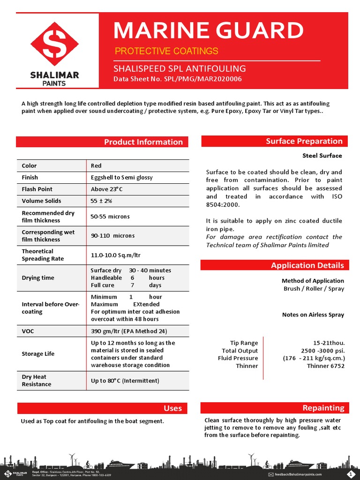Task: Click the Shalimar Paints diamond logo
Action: click(x=55, y=45)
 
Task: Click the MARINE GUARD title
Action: click(x=209, y=31)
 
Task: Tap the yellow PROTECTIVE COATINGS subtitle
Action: click(x=166, y=51)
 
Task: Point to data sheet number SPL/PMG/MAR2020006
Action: click(x=178, y=79)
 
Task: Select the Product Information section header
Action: click(x=143, y=142)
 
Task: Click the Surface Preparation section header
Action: click(x=304, y=141)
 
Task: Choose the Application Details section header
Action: click(x=307, y=265)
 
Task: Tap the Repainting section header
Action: click(x=323, y=408)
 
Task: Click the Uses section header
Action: click(x=172, y=408)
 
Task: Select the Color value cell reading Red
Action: click(x=96, y=166)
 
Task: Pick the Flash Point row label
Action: click(x=37, y=189)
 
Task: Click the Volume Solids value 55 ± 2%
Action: click(x=101, y=201)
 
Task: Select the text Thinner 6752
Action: click(x=325, y=366)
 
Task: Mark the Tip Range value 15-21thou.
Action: click(x=329, y=344)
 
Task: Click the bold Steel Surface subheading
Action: click(x=322, y=156)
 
